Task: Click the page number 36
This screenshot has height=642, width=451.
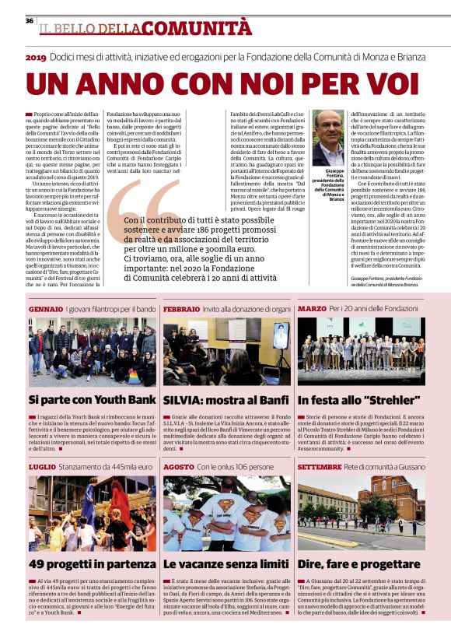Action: point(29,20)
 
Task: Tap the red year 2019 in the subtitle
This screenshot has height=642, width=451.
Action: point(36,58)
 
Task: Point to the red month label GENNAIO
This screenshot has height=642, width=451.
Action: point(45,309)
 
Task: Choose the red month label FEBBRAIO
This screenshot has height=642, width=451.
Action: point(182,309)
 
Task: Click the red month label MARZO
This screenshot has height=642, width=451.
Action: point(312,309)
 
